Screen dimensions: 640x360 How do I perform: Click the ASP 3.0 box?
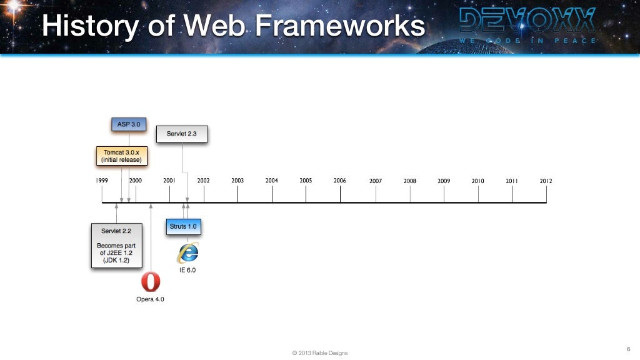tap(129, 124)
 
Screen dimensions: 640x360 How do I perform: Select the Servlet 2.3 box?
tap(182, 134)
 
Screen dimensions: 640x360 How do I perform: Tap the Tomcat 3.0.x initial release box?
tap(122, 156)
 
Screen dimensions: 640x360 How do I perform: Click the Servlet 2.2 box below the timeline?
tap(116, 246)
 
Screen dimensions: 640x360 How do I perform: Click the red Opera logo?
tap(150, 282)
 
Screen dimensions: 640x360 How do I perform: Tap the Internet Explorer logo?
tap(187, 252)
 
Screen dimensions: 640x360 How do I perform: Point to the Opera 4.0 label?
tap(150, 299)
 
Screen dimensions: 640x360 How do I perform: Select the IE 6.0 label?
tap(187, 270)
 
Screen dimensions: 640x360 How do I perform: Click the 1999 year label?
tap(102, 181)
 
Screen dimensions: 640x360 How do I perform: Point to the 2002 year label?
tap(204, 181)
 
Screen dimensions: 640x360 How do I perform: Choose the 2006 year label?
tap(339, 181)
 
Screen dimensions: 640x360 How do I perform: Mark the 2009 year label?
tap(444, 181)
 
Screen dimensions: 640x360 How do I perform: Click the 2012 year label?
tap(546, 181)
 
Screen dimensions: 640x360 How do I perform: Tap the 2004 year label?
tap(271, 181)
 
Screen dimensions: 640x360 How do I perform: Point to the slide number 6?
tap(628, 348)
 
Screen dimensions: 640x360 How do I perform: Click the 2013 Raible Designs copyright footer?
tap(320, 353)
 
